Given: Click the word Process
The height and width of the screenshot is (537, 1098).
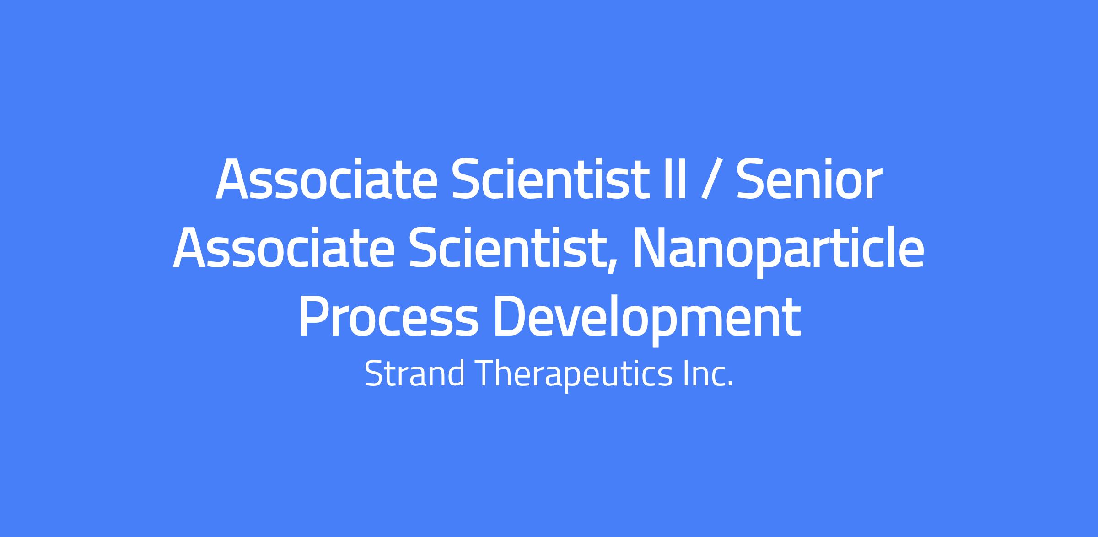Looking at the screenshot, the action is coord(388,317).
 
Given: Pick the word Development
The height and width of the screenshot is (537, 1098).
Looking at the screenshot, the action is coord(647,320).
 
